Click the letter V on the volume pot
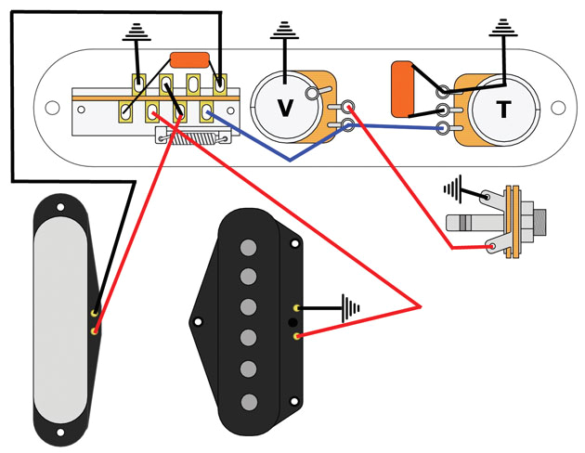coord(286,108)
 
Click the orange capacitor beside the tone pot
coord(403,89)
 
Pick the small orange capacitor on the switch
coord(190,59)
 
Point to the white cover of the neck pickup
coord(62,317)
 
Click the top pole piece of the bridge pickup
coord(248,247)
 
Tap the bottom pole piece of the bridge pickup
coord(248,401)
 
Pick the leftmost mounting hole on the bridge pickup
coord(196,322)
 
